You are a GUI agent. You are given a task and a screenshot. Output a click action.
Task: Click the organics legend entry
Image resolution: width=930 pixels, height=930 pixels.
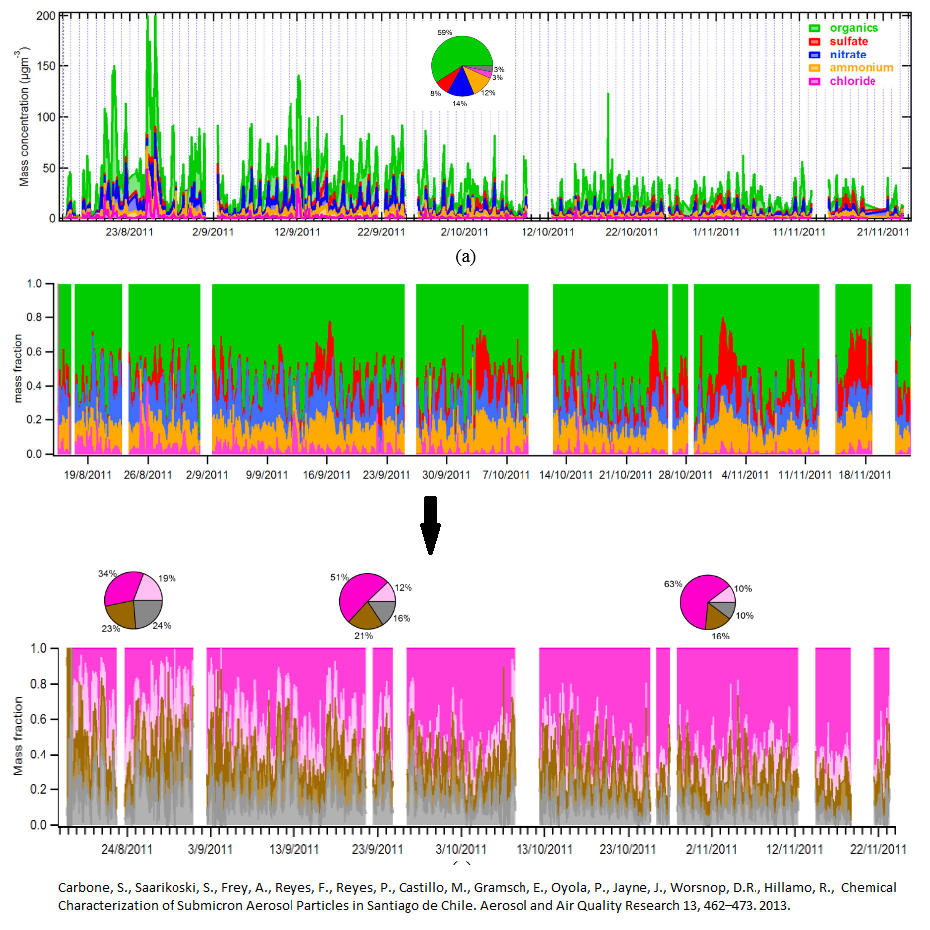tap(854, 28)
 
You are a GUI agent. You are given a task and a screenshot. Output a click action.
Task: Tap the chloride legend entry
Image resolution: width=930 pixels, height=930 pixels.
tap(853, 81)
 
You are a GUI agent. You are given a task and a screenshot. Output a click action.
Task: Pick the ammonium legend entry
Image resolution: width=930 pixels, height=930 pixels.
tap(860, 68)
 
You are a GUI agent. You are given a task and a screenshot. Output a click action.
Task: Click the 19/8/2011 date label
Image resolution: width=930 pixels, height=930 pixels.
tap(88, 474)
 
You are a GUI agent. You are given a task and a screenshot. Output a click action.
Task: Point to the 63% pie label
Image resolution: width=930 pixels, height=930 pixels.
tap(670, 586)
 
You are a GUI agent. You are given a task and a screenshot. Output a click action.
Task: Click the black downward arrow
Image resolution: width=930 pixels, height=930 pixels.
tap(430, 532)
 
